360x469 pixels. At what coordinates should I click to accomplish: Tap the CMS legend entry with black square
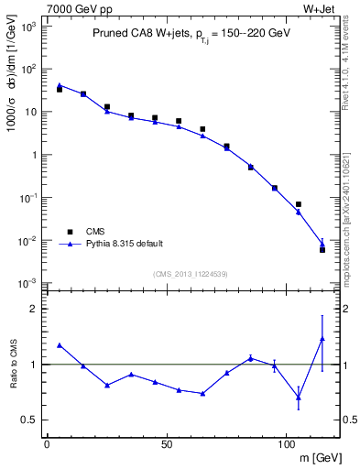pyautogui.click(x=90, y=232)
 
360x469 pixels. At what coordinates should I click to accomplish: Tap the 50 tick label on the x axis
pyautogui.click(x=166, y=443)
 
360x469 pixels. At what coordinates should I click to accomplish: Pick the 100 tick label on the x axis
pyautogui.click(x=286, y=443)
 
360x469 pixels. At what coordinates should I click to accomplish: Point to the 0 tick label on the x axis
pyautogui.click(x=47, y=443)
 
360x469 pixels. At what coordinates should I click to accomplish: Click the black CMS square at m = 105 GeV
pyautogui.click(x=298, y=204)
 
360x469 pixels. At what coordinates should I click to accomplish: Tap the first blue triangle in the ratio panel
pyautogui.click(x=60, y=345)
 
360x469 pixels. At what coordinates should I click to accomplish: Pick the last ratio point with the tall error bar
pyautogui.click(x=322, y=339)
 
